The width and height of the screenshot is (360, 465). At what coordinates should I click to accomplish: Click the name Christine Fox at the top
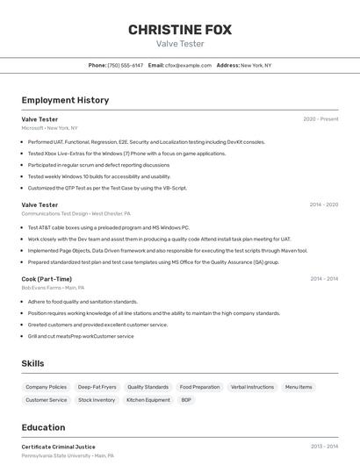tap(180, 30)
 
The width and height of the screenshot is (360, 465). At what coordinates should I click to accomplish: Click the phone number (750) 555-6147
tap(125, 65)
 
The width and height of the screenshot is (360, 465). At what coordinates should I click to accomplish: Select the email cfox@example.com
tap(188, 65)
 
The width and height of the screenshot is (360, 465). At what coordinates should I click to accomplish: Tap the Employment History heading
tap(65, 100)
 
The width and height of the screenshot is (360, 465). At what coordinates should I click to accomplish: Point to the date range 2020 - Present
tap(320, 119)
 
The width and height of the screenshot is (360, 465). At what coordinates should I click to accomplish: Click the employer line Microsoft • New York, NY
tap(49, 128)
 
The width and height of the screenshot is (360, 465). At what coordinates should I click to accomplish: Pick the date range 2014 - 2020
tap(323, 204)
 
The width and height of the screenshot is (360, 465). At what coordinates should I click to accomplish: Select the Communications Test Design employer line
tap(76, 213)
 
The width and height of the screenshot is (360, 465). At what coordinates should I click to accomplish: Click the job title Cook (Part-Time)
tap(47, 279)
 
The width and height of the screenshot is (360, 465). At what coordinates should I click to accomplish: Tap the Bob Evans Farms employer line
tap(53, 288)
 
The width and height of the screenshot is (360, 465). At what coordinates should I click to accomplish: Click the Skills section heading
tap(33, 363)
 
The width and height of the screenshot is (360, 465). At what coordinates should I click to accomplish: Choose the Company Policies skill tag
tap(46, 387)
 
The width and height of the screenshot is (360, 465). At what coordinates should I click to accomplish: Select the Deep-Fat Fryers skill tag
tap(97, 387)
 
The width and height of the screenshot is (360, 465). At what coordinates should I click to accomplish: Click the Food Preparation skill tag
tap(199, 387)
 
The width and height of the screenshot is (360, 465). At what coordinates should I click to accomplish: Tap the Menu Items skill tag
tap(299, 387)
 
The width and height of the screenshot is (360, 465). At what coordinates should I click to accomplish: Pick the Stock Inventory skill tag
tap(97, 400)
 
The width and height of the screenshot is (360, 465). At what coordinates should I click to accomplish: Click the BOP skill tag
tap(186, 400)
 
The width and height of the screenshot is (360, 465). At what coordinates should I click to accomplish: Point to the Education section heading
tap(43, 427)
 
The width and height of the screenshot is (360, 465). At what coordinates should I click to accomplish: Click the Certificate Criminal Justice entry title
tap(58, 447)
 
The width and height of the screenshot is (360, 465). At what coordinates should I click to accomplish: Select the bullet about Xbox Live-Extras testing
tap(126, 154)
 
